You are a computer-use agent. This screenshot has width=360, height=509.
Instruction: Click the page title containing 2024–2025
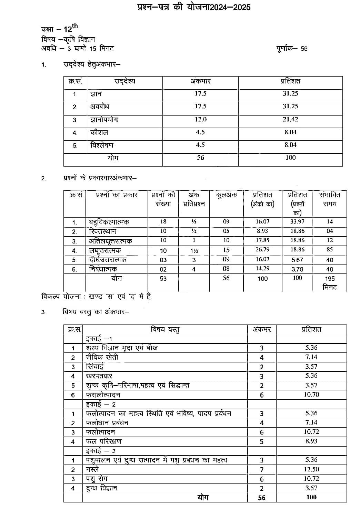(x=193, y=7)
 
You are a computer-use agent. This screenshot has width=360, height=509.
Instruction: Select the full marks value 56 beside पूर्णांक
(x=303, y=49)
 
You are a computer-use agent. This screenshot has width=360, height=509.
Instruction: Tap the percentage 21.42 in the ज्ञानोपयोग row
(x=290, y=119)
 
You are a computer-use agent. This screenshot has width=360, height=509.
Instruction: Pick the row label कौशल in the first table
(x=99, y=132)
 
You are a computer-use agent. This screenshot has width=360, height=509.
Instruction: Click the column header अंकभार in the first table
(x=200, y=81)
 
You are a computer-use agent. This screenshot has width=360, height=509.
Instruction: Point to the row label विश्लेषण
(x=102, y=145)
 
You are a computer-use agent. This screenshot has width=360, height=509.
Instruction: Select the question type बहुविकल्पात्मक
(x=109, y=222)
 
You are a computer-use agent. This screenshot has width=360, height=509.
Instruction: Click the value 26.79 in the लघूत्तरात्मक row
(x=262, y=249)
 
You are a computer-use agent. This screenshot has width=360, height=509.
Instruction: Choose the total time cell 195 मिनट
(x=330, y=282)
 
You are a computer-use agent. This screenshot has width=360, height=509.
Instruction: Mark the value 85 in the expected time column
(x=330, y=249)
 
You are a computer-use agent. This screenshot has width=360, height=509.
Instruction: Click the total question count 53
(x=163, y=278)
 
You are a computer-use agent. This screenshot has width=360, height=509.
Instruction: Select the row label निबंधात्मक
(x=103, y=269)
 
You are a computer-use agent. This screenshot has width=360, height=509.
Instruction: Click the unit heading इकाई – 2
(x=101, y=404)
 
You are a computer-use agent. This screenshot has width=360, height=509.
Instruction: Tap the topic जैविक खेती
(x=102, y=357)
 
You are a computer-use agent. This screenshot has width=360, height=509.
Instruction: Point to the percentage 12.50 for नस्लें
(x=311, y=469)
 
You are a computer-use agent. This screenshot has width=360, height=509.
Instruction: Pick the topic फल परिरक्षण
(x=103, y=441)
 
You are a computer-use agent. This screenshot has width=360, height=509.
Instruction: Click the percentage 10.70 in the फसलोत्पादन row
(x=311, y=395)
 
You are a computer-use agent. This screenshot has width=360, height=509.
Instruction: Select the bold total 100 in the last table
(x=311, y=497)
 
